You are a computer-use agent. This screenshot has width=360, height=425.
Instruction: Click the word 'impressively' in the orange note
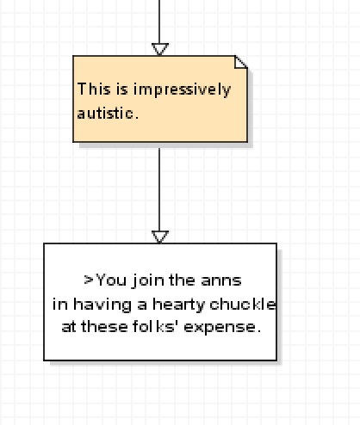182,89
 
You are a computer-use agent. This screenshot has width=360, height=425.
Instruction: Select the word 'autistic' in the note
105,113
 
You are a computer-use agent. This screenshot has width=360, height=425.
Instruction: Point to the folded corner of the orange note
241,62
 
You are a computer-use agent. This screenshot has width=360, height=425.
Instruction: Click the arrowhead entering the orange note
159,49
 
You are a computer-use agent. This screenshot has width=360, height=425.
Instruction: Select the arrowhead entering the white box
159,237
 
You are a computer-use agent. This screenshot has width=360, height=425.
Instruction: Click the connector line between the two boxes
159,189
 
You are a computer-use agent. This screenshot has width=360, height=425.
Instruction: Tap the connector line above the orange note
159,22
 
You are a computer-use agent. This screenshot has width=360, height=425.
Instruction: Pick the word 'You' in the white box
111,280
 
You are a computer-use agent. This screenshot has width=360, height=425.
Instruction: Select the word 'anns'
221,280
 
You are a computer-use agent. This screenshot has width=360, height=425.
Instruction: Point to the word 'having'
102,305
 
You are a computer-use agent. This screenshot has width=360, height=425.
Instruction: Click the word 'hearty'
178,305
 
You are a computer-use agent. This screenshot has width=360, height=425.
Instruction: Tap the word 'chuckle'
243,304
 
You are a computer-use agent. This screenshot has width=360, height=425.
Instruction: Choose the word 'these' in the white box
104,327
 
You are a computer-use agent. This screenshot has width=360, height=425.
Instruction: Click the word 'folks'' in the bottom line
154,327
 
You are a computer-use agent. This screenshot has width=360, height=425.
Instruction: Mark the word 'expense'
220,328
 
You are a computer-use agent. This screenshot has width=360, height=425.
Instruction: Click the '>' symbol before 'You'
89,280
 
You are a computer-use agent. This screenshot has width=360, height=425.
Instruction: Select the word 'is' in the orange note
122,89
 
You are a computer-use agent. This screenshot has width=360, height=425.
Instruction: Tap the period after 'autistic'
137,118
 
